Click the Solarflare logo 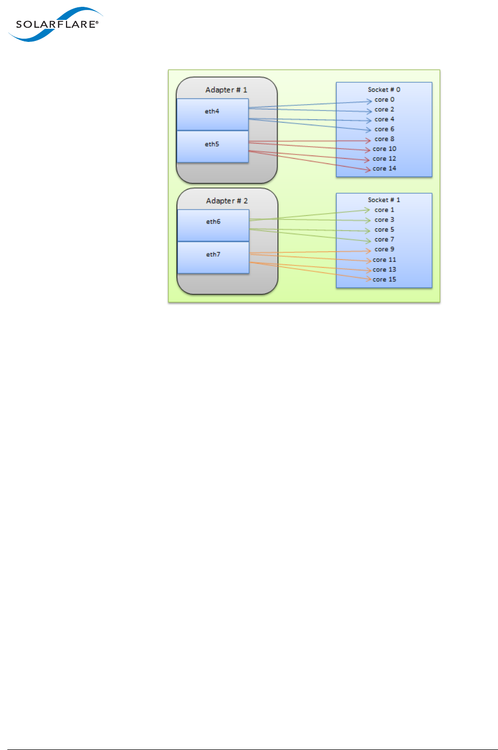[55, 25]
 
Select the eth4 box [212, 114]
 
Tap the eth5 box [212, 146]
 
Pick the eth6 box [213, 225]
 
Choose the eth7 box [213, 257]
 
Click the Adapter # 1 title [226, 90]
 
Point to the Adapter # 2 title [227, 201]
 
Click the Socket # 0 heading [384, 90]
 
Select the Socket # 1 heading [384, 200]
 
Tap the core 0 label [384, 100]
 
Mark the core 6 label [384, 129]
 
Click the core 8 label [384, 139]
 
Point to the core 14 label [384, 169]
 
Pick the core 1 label [384, 210]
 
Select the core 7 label [384, 240]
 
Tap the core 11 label [384, 260]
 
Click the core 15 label [384, 280]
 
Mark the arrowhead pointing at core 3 [369, 220]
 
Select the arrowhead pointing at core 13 [369, 270]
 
